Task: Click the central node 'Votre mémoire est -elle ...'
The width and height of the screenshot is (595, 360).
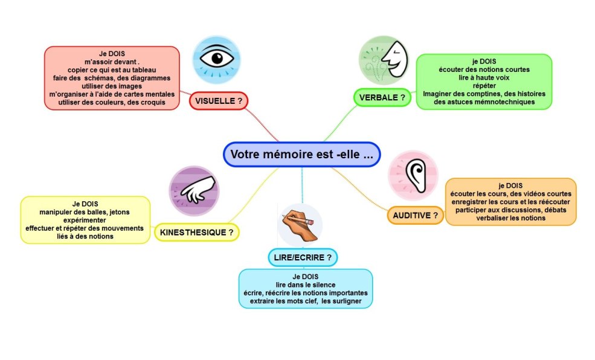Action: pyautogui.click(x=301, y=154)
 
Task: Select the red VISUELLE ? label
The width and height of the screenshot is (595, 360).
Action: pyautogui.click(x=219, y=101)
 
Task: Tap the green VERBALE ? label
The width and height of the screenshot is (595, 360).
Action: pyautogui.click(x=382, y=97)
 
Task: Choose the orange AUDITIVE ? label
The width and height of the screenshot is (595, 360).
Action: pyautogui.click(x=415, y=214)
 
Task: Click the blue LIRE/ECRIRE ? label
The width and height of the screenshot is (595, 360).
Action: pyautogui.click(x=302, y=257)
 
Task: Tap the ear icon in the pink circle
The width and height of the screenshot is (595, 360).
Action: pyautogui.click(x=414, y=175)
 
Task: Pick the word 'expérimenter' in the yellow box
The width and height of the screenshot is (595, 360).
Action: pyautogui.click(x=85, y=220)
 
